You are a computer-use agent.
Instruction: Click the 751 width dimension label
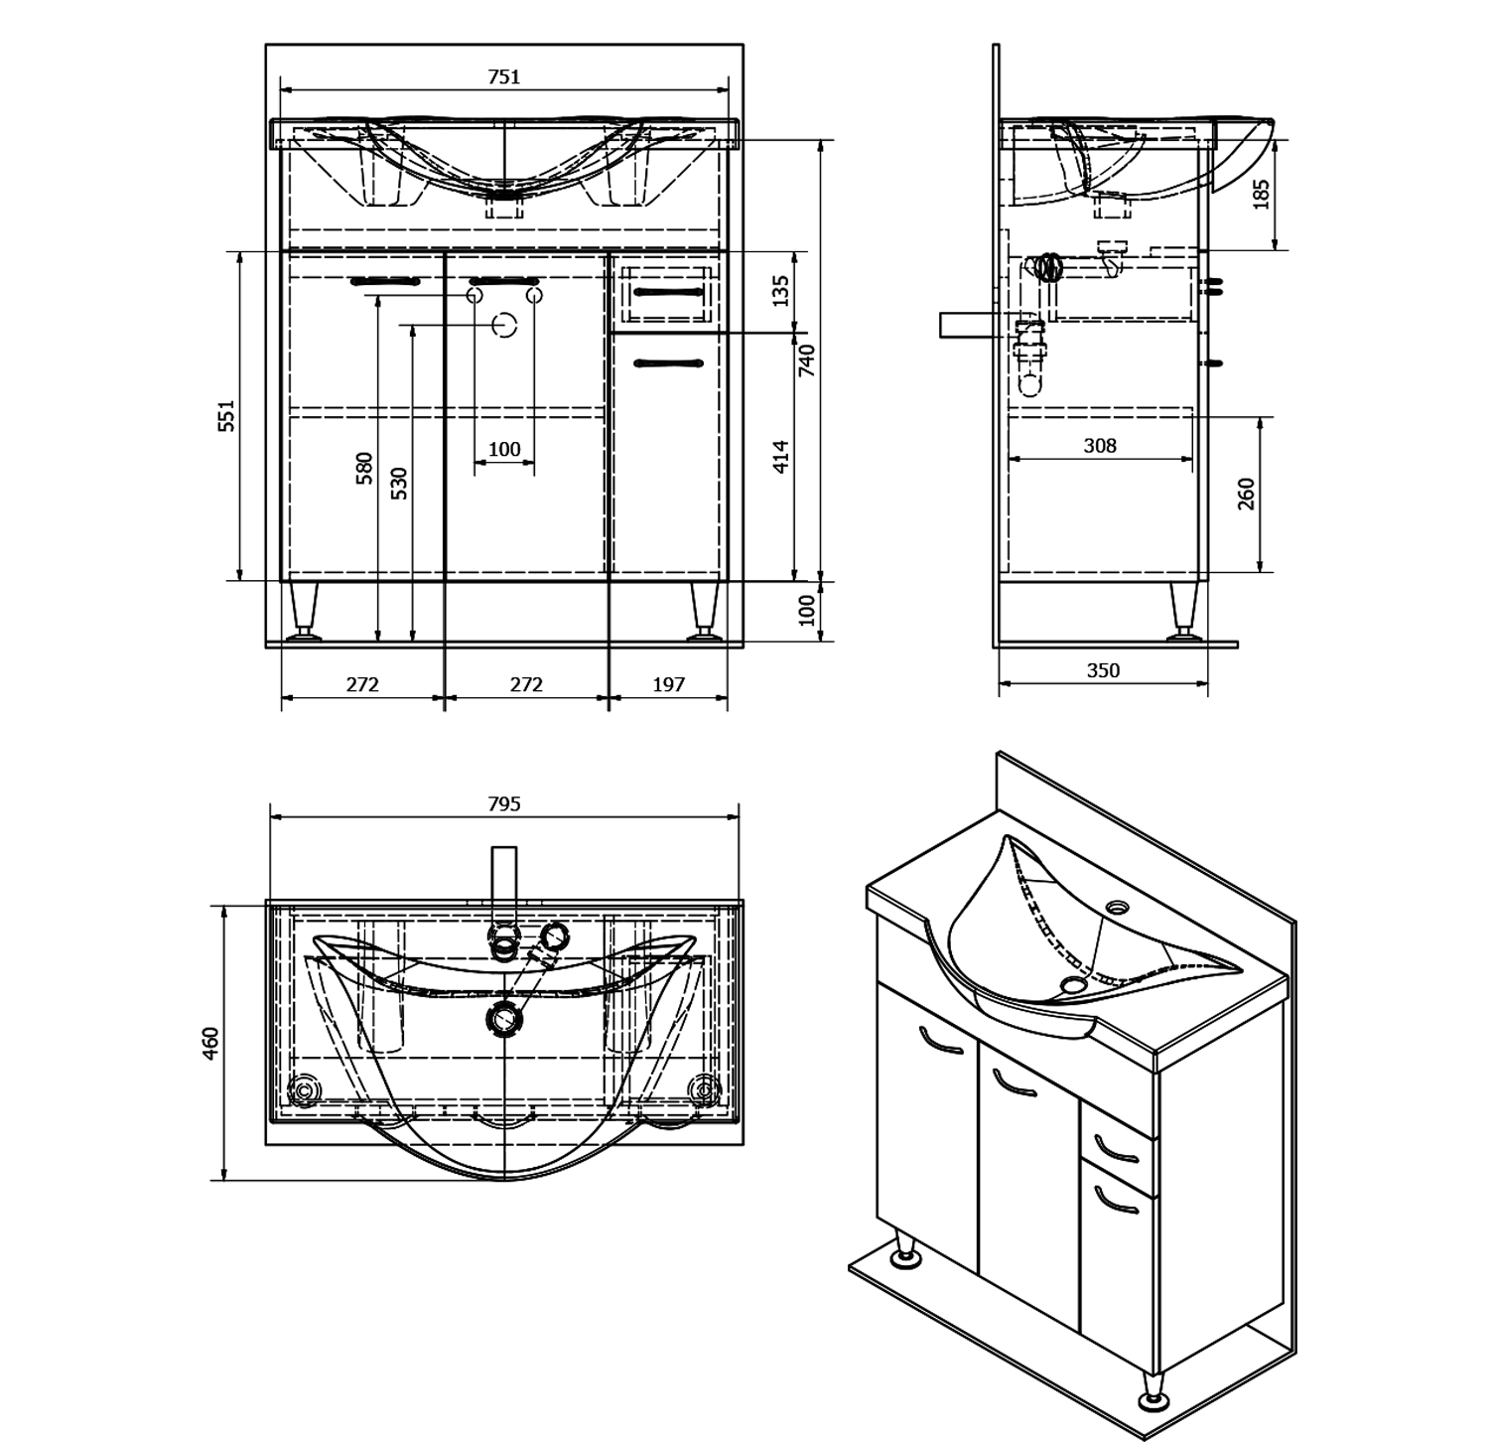[504, 77]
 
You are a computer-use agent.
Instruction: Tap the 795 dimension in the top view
[504, 804]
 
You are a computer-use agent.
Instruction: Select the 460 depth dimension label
[210, 1043]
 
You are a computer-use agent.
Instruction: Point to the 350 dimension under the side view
[1103, 670]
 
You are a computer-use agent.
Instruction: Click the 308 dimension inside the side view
[1100, 446]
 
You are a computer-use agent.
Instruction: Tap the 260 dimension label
[1247, 494]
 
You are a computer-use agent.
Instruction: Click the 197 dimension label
[669, 684]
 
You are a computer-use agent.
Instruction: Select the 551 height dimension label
[227, 415]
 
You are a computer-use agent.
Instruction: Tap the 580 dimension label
[364, 468]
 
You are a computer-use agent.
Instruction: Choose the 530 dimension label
[399, 483]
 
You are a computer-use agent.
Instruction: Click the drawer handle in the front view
[668, 291]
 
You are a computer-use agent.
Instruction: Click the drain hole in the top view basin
[505, 1017]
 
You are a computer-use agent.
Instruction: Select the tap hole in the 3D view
[1119, 907]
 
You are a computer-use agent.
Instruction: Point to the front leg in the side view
[1182, 610]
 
